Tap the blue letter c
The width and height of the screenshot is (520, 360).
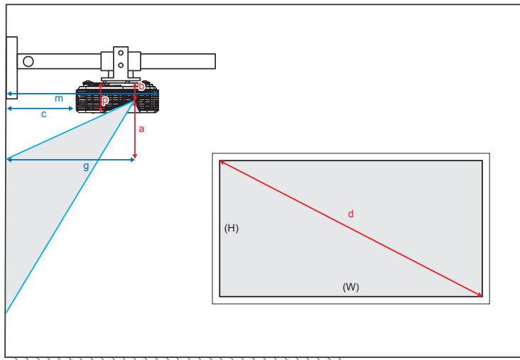43,114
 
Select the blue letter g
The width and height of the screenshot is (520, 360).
86,166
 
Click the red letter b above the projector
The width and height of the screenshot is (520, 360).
141,86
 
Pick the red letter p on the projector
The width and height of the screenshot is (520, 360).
105,101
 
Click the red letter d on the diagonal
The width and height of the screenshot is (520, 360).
350,214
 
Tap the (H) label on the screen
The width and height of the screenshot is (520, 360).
231,228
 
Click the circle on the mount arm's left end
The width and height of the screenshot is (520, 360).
28,60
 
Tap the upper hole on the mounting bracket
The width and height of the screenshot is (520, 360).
120,53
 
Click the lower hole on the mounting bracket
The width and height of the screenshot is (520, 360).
120,65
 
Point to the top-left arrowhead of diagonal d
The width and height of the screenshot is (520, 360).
222,162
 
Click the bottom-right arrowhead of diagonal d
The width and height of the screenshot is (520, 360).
480,295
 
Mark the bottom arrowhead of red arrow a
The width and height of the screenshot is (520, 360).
135,156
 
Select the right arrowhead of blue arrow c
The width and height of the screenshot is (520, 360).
71,109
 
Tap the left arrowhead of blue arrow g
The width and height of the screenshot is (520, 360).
9,160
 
